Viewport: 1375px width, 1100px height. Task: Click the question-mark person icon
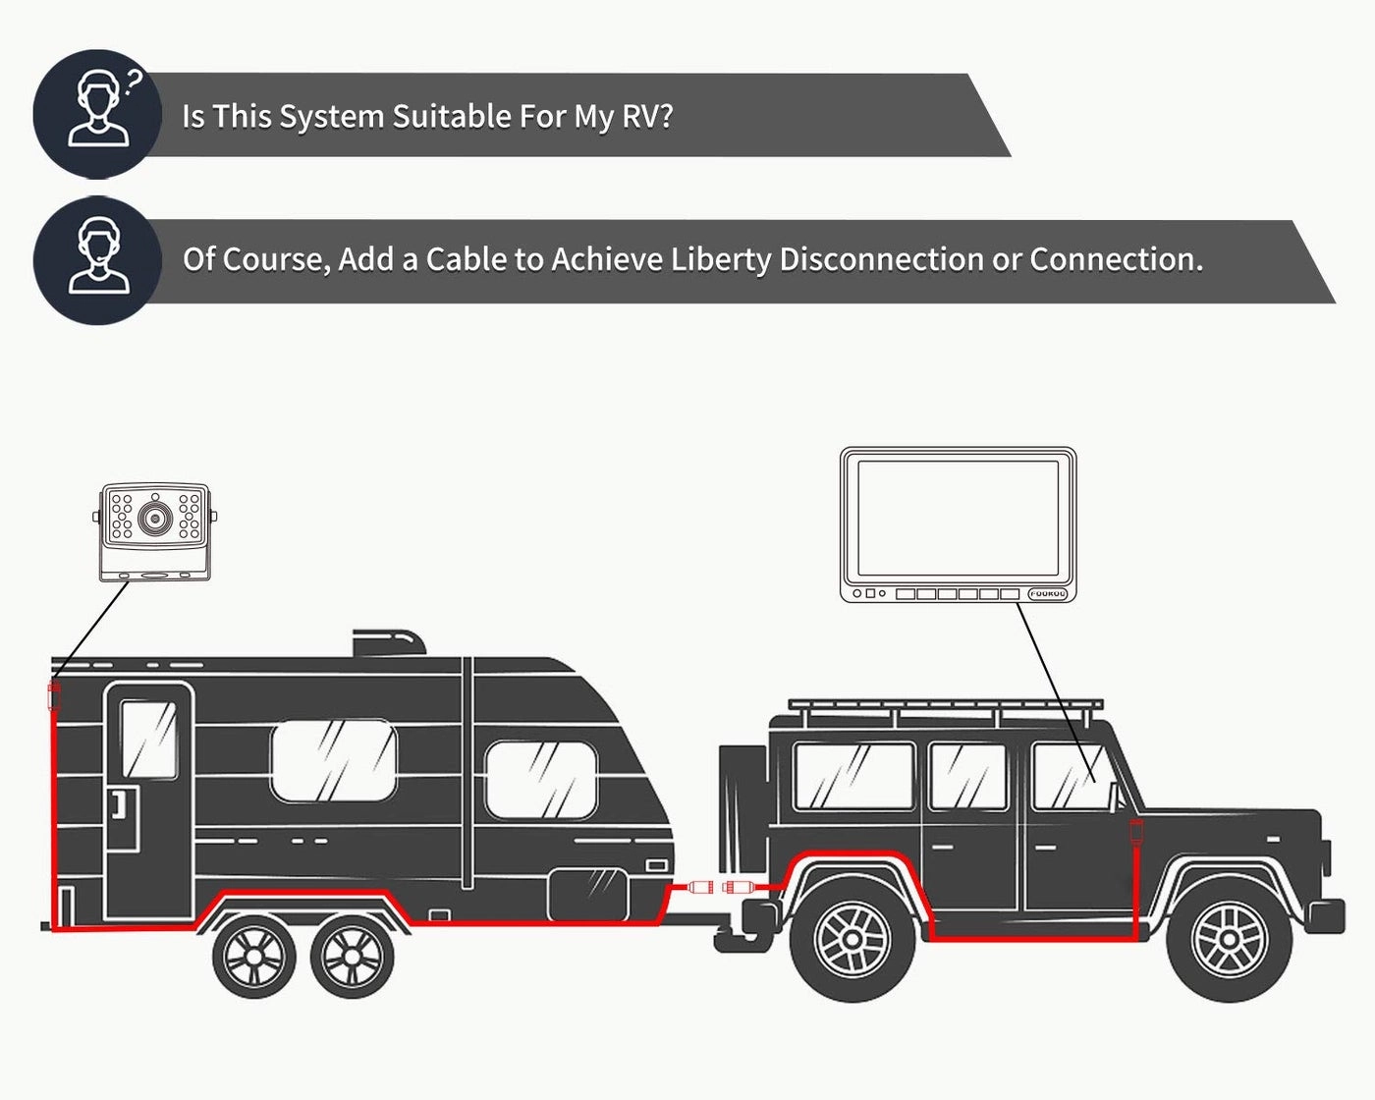(x=97, y=113)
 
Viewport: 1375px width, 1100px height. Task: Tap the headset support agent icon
(x=97, y=258)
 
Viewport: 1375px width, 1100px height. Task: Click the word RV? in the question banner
(x=647, y=116)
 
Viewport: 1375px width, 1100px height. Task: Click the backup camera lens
(x=153, y=517)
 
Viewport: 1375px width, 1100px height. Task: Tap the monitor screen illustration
(x=958, y=518)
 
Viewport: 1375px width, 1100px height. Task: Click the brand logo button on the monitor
(x=1047, y=594)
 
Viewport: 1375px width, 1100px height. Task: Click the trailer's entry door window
(x=148, y=740)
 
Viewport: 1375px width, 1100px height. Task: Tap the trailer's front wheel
(x=352, y=956)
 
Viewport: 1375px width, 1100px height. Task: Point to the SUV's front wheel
(x=1229, y=939)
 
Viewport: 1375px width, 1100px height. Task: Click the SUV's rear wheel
(x=853, y=939)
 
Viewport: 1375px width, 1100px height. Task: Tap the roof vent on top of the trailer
(x=389, y=643)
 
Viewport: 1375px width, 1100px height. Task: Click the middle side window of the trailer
(x=333, y=760)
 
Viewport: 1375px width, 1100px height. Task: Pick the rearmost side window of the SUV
(x=852, y=776)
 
